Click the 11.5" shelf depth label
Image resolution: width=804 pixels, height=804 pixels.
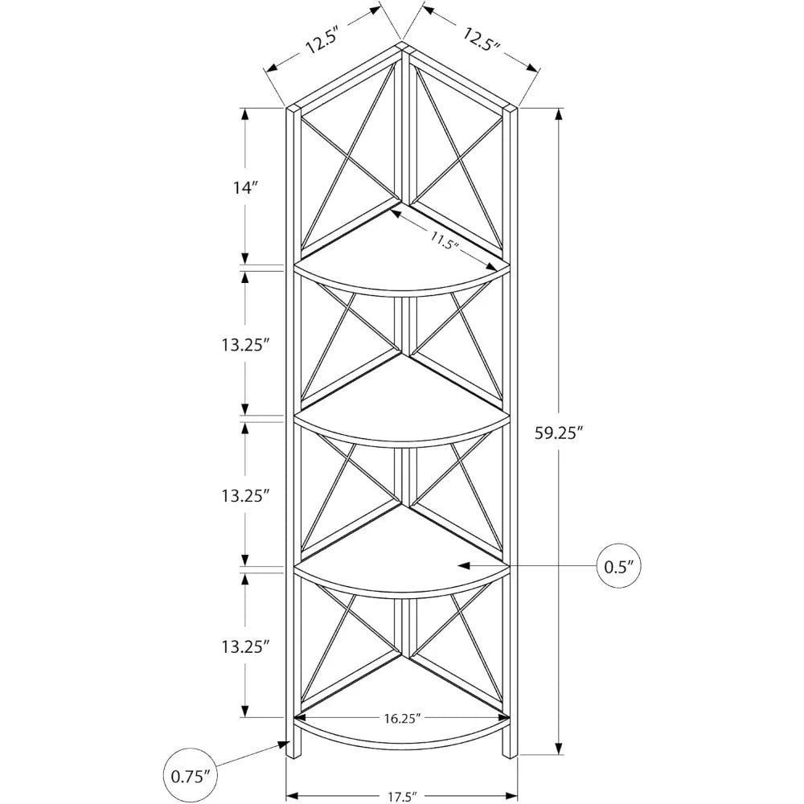click(444, 240)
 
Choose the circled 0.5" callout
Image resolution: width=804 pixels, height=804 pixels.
click(618, 566)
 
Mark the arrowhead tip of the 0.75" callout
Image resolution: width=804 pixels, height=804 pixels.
click(286, 744)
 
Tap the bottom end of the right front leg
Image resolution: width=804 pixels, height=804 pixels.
click(508, 756)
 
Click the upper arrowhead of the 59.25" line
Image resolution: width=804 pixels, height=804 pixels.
click(557, 111)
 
